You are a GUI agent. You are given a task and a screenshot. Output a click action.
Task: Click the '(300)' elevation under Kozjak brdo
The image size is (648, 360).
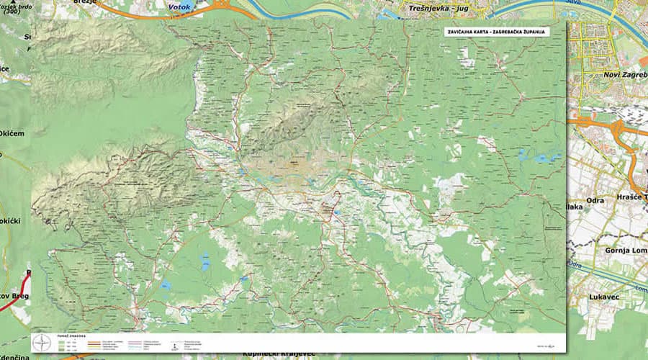point(16,13)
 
